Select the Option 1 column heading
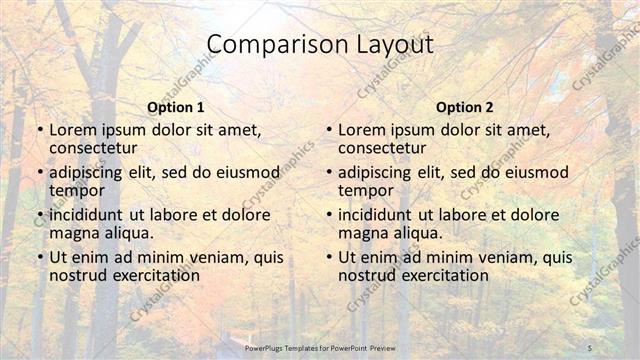[176, 107]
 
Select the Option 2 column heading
[465, 107]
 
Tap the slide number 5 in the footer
[590, 347]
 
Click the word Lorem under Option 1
[72, 130]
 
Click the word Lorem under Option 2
[361, 130]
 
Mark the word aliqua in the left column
[127, 233]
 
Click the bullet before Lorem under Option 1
[39, 131]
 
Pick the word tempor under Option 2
[366, 190]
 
